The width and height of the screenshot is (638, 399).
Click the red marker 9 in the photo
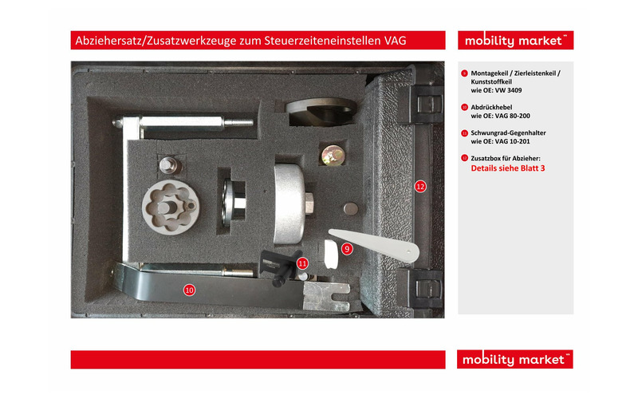click(347, 249)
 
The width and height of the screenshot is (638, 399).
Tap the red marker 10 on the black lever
click(189, 290)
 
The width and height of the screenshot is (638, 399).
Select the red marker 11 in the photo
click(302, 263)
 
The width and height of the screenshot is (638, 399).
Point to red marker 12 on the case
click(420, 186)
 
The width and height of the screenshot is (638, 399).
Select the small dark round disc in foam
click(350, 207)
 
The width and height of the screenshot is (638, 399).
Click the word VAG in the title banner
click(396, 40)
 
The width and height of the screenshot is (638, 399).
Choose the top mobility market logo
click(515, 40)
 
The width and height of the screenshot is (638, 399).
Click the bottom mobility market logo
click(515, 359)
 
